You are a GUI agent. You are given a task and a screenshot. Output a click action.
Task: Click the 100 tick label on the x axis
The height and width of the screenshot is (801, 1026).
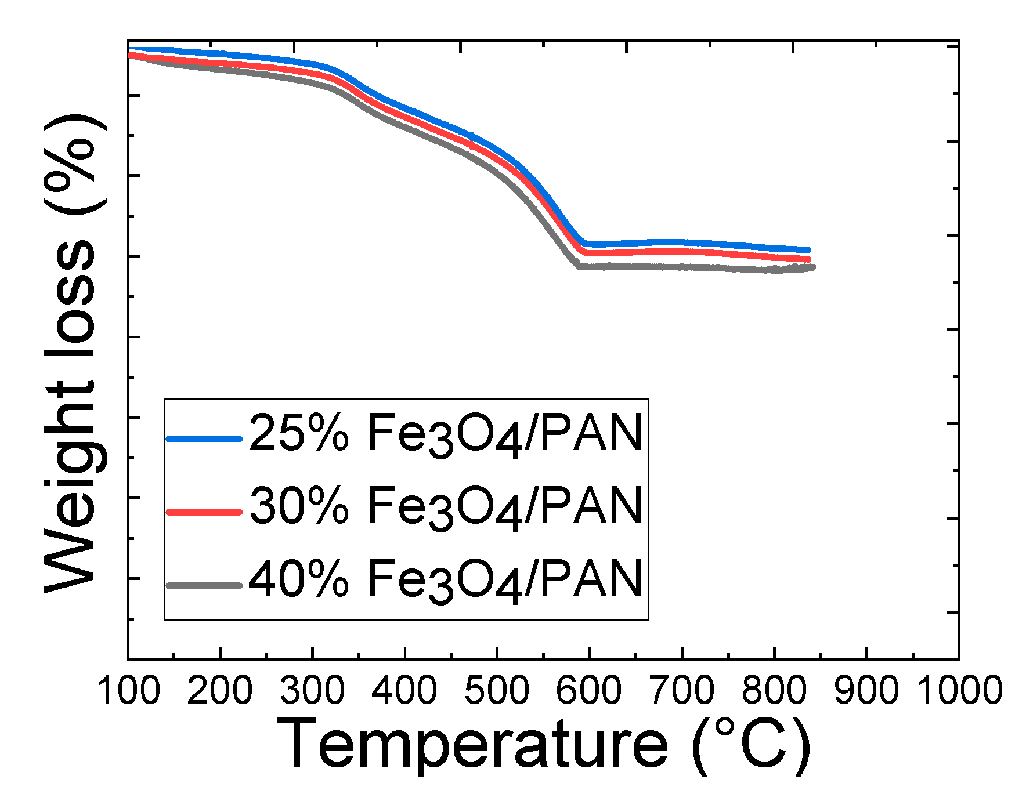[128, 691]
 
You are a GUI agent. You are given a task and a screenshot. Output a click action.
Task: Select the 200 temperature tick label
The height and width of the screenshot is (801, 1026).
[219, 691]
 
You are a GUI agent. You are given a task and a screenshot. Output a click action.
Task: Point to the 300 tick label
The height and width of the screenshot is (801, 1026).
[312, 691]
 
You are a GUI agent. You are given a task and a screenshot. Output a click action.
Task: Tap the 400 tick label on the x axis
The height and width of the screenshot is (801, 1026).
[404, 691]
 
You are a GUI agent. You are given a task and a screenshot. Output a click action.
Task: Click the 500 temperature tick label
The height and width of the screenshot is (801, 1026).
[497, 691]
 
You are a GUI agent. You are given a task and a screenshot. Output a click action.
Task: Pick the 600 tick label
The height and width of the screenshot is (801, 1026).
[589, 691]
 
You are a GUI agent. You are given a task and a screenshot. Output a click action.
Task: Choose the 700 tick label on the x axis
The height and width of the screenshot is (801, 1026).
[682, 691]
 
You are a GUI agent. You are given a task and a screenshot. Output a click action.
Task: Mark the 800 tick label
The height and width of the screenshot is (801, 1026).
[774, 691]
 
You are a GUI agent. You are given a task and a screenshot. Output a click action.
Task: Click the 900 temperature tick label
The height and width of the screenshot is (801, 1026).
[866, 691]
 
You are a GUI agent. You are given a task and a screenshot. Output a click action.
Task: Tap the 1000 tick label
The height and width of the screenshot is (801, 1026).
[959, 691]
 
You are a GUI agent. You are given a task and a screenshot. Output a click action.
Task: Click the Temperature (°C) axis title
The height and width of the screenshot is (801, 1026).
[543, 744]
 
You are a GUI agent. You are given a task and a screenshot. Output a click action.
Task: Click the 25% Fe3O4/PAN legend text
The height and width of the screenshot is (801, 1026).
[446, 434]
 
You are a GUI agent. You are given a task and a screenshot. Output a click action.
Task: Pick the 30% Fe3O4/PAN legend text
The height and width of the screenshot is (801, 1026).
[446, 506]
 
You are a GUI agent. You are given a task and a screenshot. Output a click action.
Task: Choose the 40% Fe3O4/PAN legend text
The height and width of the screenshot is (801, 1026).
[446, 579]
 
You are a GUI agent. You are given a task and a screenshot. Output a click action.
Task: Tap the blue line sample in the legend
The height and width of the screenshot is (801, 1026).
[204, 439]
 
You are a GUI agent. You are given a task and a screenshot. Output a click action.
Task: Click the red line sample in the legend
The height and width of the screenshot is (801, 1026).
[204, 512]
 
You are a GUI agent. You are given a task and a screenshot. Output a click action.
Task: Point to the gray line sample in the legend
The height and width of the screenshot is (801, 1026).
[204, 585]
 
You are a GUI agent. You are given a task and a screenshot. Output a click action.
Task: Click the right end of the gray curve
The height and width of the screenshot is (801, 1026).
[813, 267]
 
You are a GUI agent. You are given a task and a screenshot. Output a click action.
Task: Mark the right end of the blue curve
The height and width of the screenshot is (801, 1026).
[808, 250]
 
